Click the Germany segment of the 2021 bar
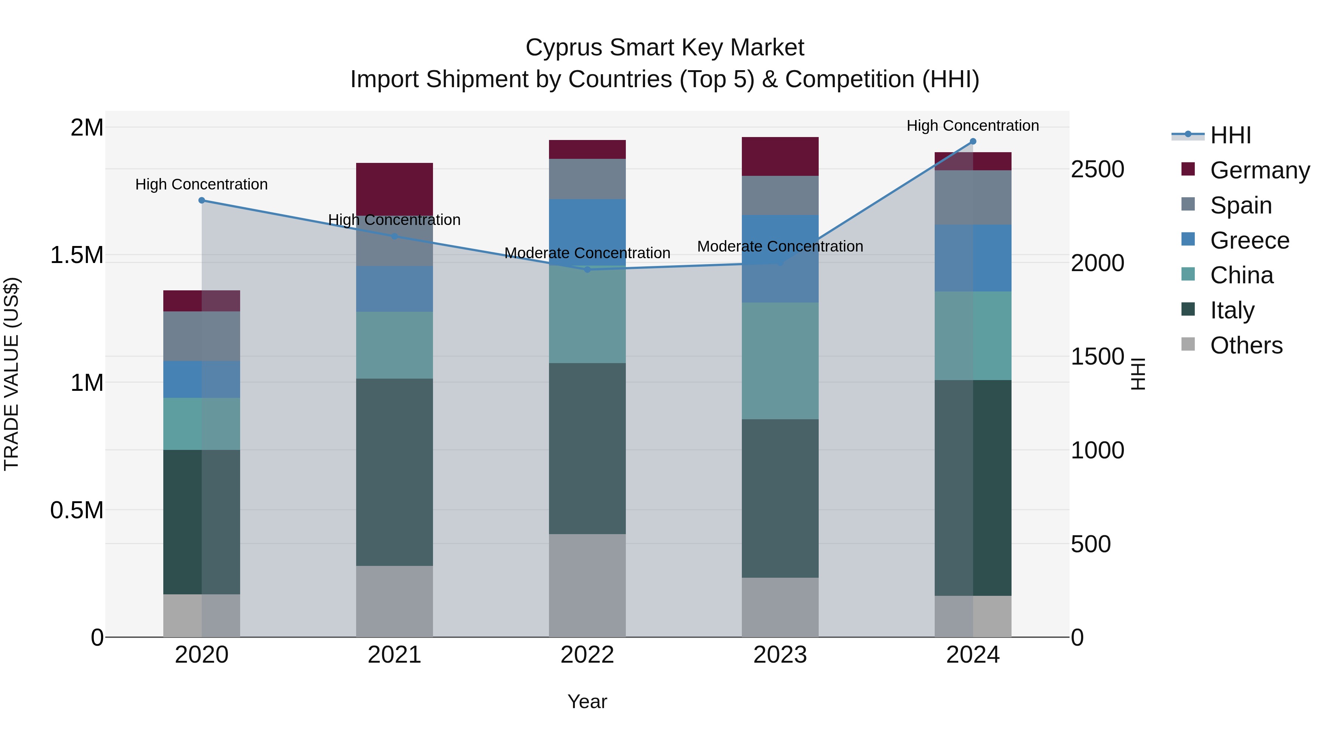coord(395,189)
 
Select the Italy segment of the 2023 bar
coord(780,498)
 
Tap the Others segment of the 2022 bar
coord(587,585)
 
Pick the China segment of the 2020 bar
coord(201,424)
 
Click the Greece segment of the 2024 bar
coord(973,258)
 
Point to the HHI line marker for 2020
coord(202,200)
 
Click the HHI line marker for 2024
coord(973,141)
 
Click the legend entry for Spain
coord(1241,205)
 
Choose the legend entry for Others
coord(1246,345)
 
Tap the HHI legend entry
coord(1230,135)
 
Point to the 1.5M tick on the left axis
coord(76,255)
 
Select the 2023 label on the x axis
coord(780,655)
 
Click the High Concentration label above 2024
coord(973,126)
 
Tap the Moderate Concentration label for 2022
coord(587,253)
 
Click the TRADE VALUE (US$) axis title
coord(11,374)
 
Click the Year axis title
coord(587,701)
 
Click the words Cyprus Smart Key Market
coord(665,48)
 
